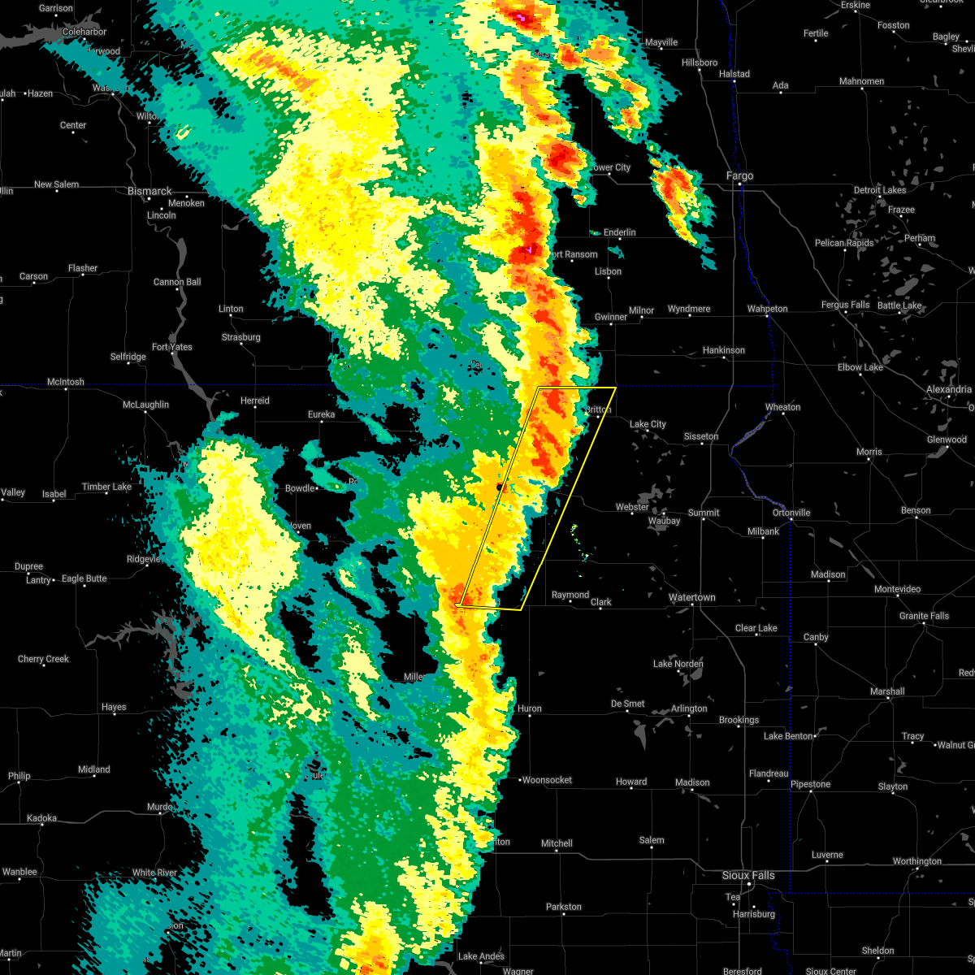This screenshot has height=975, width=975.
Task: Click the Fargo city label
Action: click(x=739, y=175)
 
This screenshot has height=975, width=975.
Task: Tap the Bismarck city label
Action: click(x=149, y=192)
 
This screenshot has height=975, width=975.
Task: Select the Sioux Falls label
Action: click(x=748, y=875)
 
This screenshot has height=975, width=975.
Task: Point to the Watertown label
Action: click(x=691, y=597)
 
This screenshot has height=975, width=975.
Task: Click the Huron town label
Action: click(x=529, y=708)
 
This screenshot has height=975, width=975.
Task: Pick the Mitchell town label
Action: click(x=557, y=843)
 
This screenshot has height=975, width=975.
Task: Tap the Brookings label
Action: click(x=739, y=720)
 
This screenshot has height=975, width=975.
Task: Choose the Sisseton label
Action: click(x=700, y=436)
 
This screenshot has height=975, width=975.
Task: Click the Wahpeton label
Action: click(x=767, y=309)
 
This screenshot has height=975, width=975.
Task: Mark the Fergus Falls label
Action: click(x=845, y=305)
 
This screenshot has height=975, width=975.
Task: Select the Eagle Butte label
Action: click(x=84, y=578)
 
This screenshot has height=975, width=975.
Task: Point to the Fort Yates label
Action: click(x=172, y=347)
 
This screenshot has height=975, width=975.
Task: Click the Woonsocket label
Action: click(x=547, y=780)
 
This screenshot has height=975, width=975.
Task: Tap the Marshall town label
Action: click(x=886, y=691)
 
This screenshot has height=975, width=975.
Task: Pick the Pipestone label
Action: click(x=810, y=784)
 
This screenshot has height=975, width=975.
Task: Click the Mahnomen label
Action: click(x=861, y=81)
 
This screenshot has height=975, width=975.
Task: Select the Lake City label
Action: click(x=648, y=424)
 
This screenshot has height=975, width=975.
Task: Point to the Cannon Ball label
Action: click(x=177, y=282)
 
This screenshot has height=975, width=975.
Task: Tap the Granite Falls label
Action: click(x=924, y=616)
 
